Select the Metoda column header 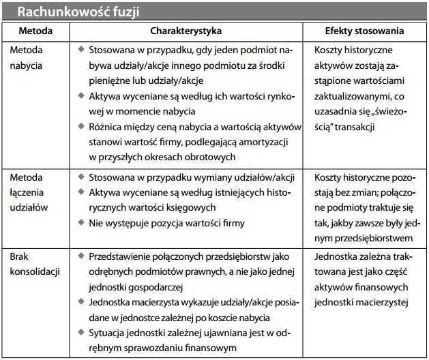35,31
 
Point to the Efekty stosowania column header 364,31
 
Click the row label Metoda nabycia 26,57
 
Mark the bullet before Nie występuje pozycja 80,222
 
